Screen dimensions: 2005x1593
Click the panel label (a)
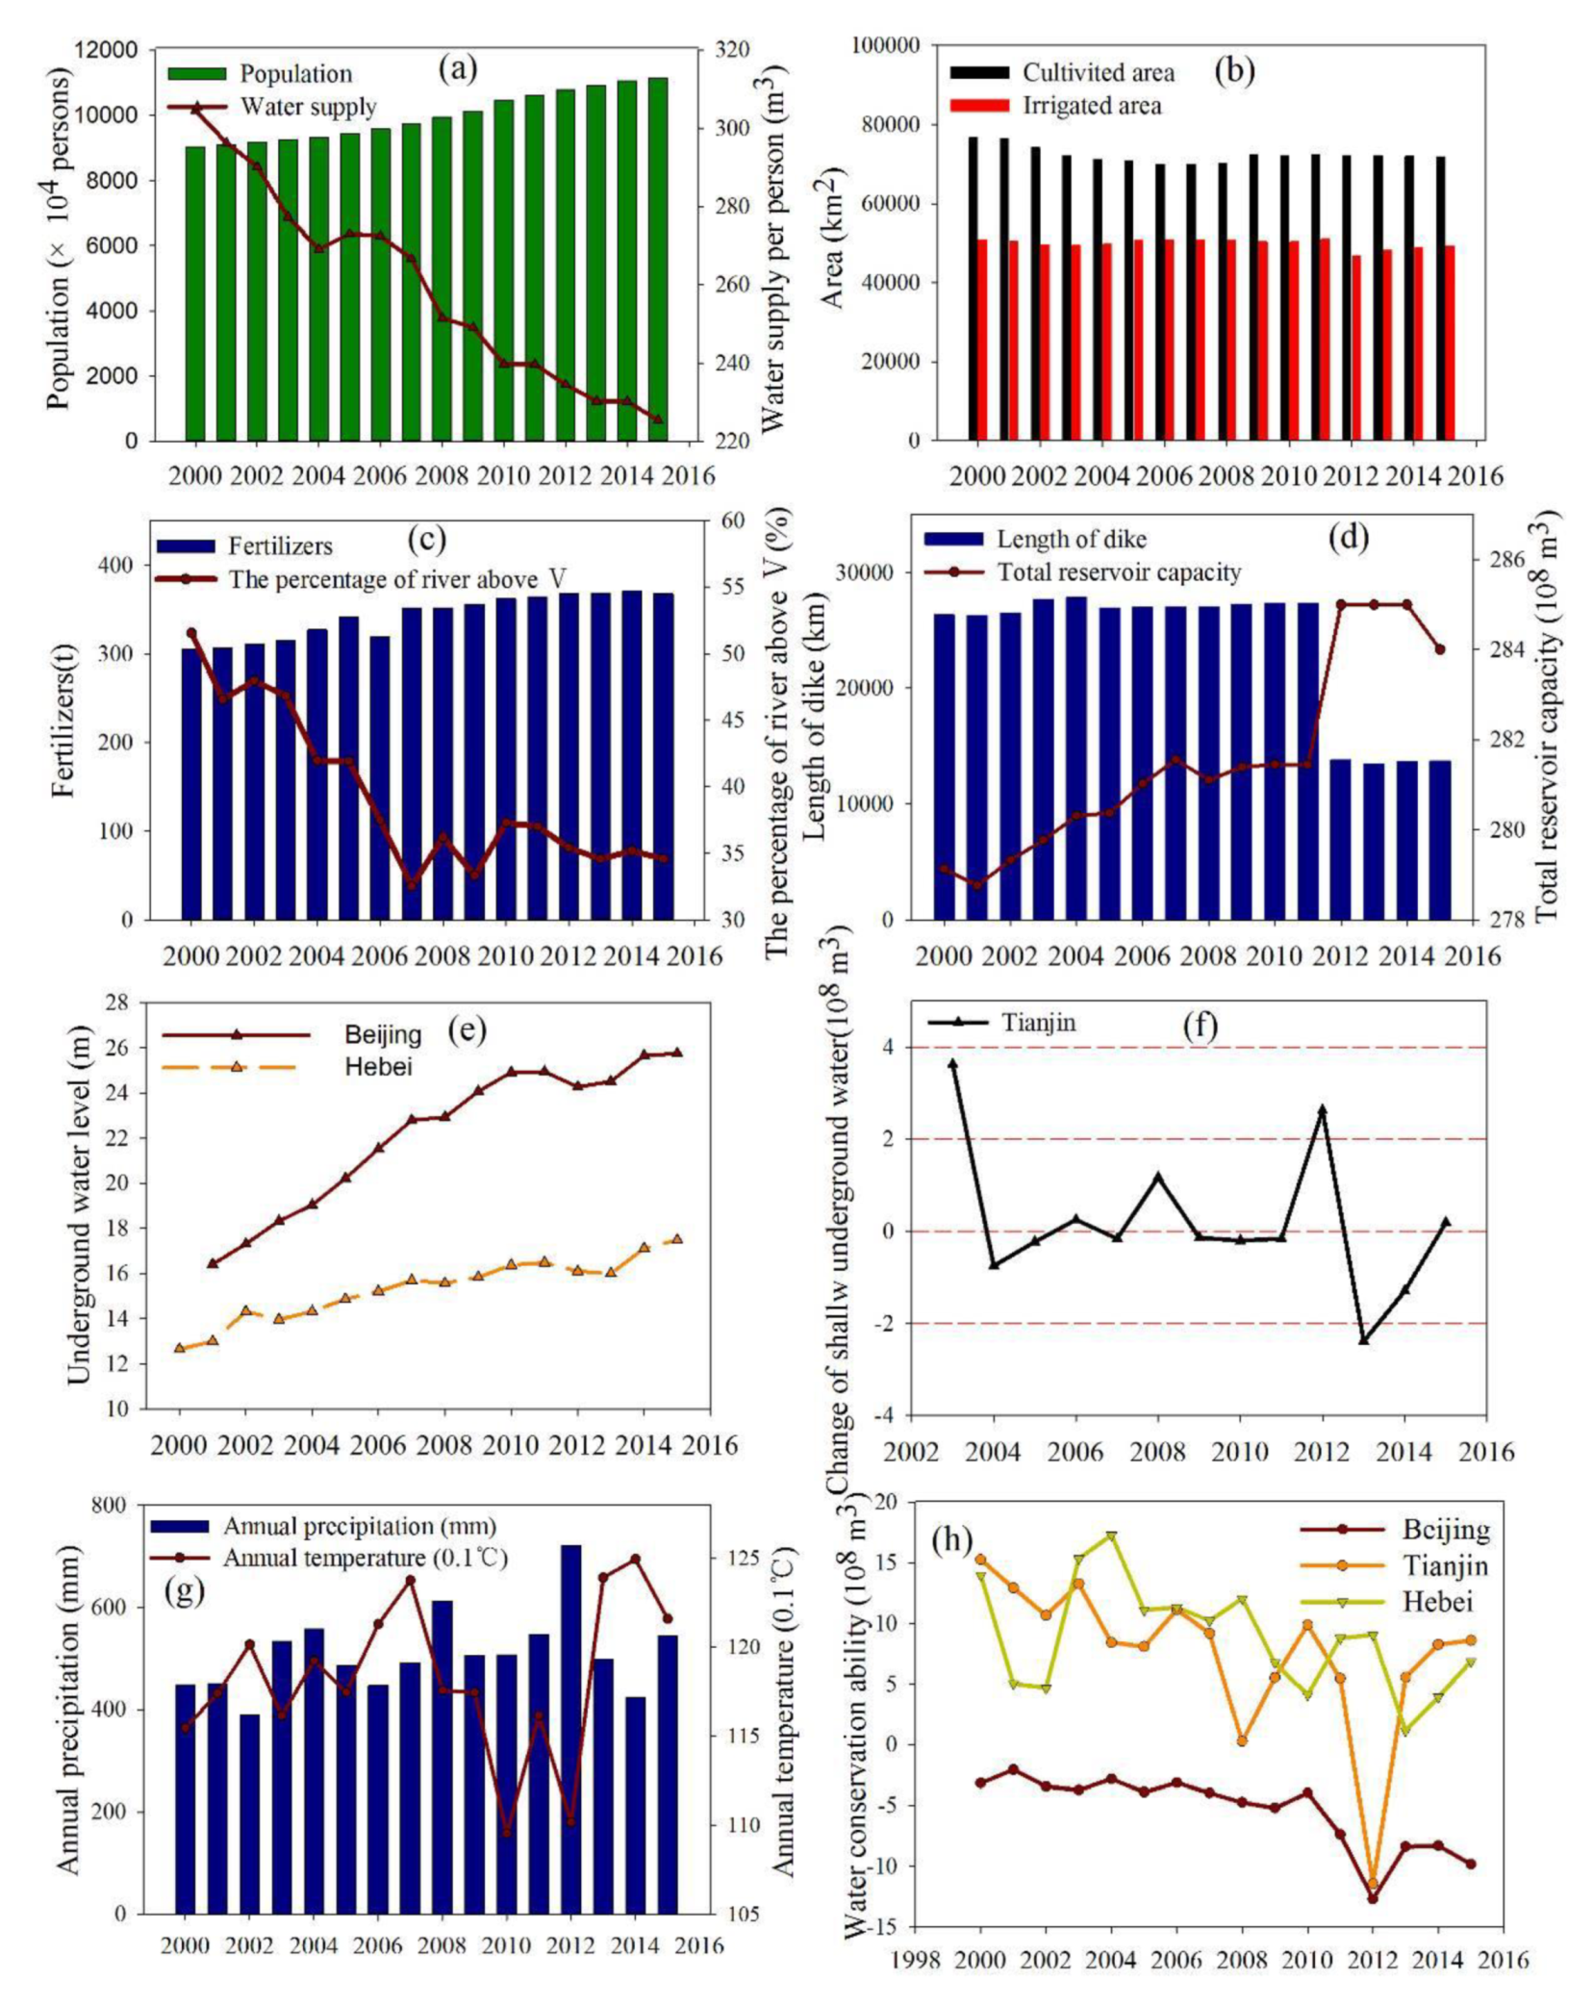coord(457,68)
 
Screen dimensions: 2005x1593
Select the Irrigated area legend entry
coord(1091,105)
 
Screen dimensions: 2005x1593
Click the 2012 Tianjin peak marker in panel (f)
coord(1323,1109)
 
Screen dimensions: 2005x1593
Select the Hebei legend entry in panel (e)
coord(378,1066)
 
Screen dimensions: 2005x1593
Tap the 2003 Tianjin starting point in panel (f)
coord(953,1063)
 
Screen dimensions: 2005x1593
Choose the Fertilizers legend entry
coord(280,546)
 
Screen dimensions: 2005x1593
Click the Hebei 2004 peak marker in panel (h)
coord(1112,1536)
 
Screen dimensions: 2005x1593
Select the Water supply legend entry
coord(308,106)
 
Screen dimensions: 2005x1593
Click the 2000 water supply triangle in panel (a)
coord(196,110)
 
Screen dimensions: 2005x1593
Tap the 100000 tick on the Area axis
coord(887,45)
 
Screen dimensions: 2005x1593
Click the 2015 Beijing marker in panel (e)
coord(678,1053)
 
